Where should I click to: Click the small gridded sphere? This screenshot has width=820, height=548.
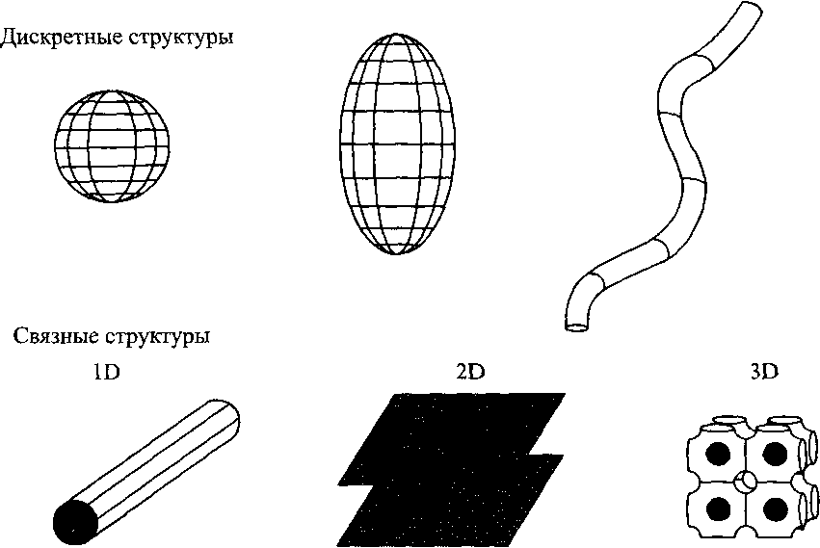112,145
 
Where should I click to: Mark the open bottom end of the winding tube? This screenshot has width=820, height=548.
576,326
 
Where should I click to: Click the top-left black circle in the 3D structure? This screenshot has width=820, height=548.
718,453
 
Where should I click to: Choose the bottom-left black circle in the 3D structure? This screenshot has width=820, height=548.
718,506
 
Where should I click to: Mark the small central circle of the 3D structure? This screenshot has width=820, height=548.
746,479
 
